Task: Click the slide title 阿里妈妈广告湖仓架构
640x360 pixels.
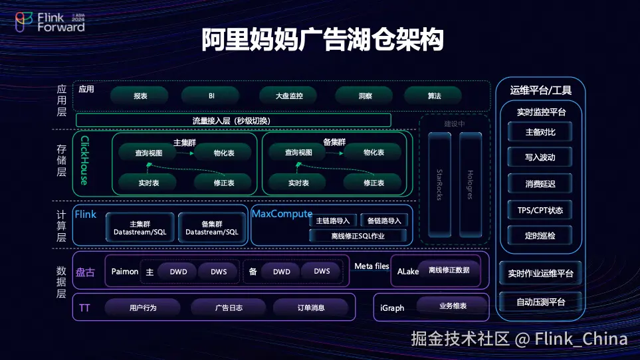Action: tap(322, 40)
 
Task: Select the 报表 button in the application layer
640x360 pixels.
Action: tap(140, 96)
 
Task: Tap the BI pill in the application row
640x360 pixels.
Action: tap(211, 96)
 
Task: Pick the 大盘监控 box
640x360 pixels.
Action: tap(289, 96)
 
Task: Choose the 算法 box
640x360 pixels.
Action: tap(434, 96)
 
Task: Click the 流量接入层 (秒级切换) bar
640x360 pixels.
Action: tap(233, 120)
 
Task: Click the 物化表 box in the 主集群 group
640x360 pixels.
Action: tap(223, 153)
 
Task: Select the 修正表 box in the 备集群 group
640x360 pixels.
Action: tap(373, 183)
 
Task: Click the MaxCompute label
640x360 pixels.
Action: tap(282, 214)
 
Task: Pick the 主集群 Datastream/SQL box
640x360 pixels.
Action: tap(140, 228)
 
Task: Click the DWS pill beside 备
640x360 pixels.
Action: tap(322, 271)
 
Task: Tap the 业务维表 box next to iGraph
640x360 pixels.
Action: tap(453, 306)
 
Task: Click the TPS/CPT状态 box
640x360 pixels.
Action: tap(540, 211)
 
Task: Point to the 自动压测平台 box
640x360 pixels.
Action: tap(540, 302)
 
